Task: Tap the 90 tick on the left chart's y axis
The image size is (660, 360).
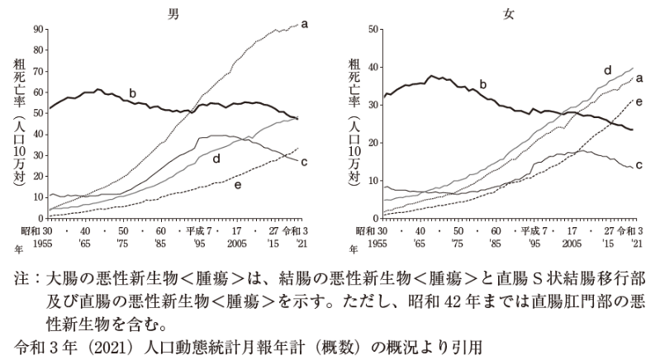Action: pos(37,28)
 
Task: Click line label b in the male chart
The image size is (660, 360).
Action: pos(132,93)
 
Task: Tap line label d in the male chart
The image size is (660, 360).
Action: pos(216,158)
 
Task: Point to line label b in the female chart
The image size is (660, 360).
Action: pos(483,83)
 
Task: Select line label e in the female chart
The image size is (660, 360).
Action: pos(639,100)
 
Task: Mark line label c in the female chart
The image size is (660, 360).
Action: pos(639,165)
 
